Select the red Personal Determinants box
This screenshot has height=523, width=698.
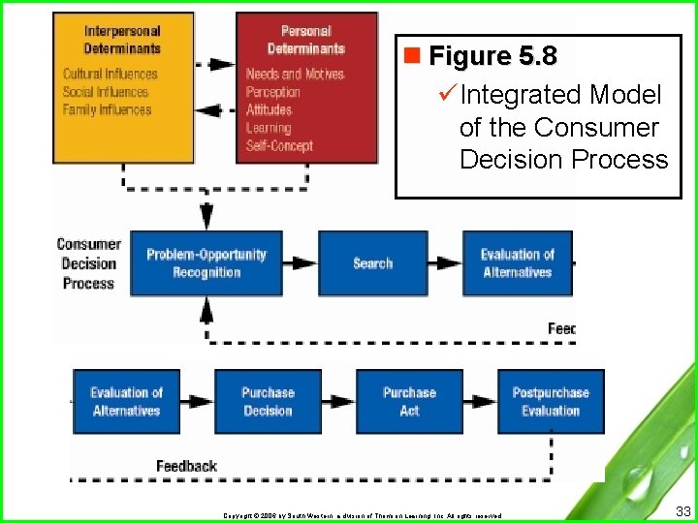[x=305, y=87]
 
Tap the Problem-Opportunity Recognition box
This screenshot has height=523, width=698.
[x=206, y=263]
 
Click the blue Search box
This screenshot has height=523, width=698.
[x=372, y=263]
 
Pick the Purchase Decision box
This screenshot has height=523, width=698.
[x=268, y=402]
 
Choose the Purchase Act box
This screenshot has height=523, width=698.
[x=409, y=402]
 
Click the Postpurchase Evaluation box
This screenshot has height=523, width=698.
[x=551, y=402]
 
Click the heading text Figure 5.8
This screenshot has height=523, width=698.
[x=492, y=56]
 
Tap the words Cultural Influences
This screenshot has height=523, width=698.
[x=110, y=75]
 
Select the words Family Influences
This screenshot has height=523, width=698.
[x=107, y=110]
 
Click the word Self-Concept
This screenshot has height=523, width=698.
[x=279, y=146]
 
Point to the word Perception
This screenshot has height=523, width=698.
[x=272, y=92]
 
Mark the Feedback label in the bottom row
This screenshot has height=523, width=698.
[x=186, y=466]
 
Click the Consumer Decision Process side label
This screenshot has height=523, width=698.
[x=88, y=263]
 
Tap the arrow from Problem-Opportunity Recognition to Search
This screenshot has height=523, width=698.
[x=301, y=263]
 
